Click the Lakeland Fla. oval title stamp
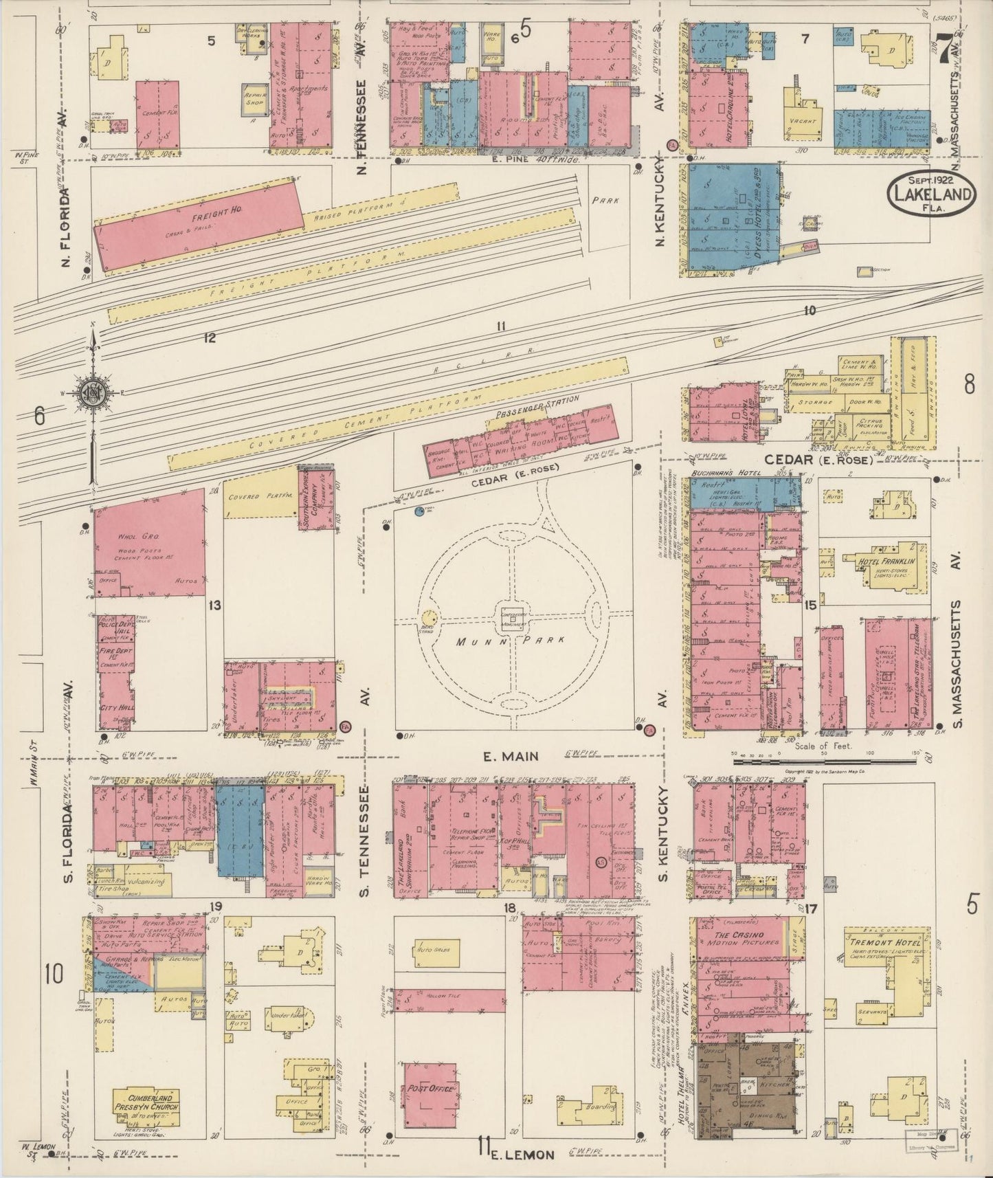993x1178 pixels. tap(933, 195)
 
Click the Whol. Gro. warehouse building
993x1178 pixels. tap(149, 543)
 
